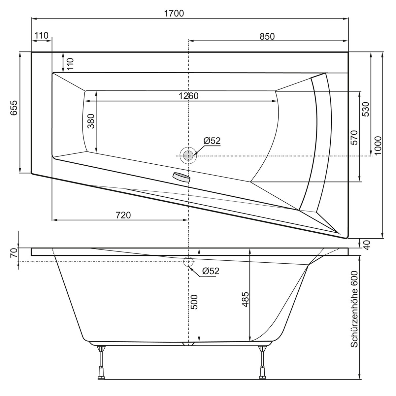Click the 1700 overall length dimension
[x=174, y=14]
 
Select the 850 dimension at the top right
[x=267, y=37]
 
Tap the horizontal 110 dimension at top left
[x=41, y=35]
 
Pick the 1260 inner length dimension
[x=188, y=96]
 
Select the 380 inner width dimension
[x=91, y=121]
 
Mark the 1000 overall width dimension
[x=378, y=145]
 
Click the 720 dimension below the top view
[x=123, y=215]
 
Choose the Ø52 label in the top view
[x=212, y=141]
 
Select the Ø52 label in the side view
[x=211, y=271]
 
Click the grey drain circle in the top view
[x=188, y=155]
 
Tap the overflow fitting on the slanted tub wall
[x=181, y=177]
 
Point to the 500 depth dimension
[x=194, y=302]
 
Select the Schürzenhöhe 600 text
[x=354, y=309]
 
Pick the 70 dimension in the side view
[x=13, y=253]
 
